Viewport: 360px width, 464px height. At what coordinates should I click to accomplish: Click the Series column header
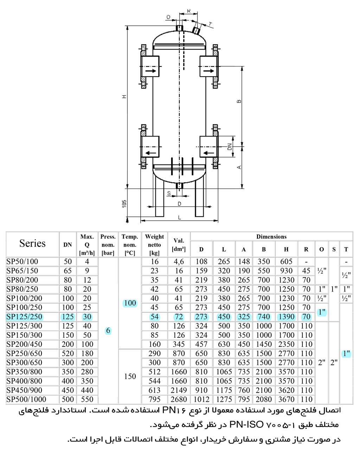coord(32,243)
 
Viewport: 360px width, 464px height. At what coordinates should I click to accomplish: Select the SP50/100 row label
coord(22,261)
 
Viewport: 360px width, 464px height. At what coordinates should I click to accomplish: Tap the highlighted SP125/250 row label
coord(24,317)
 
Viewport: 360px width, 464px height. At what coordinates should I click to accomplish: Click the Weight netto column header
coord(154,245)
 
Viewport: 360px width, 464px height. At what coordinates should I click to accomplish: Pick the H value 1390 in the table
coord(287,317)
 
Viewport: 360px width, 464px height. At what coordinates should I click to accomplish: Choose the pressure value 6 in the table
coord(108,331)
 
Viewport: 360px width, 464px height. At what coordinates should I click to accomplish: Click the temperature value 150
coord(130,376)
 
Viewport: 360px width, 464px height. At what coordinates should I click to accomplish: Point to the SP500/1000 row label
coord(26,399)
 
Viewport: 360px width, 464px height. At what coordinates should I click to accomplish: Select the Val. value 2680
coord(179,399)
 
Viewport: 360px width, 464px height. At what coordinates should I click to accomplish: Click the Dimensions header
coord(271,237)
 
